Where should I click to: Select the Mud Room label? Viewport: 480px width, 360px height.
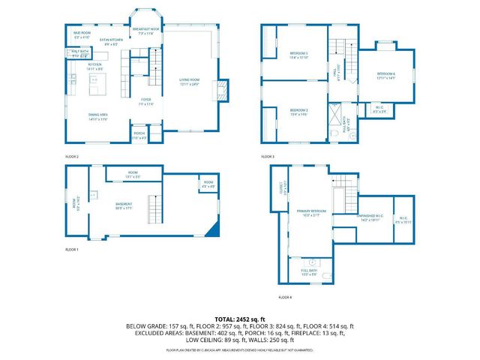(x=82, y=35)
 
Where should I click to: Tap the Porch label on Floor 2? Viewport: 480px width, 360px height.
(x=140, y=136)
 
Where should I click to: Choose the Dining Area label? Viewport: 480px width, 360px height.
(x=98, y=116)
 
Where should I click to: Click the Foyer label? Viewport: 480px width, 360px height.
(x=146, y=101)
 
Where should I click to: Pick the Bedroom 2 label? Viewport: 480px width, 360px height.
(x=298, y=112)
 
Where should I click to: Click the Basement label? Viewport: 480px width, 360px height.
(x=124, y=205)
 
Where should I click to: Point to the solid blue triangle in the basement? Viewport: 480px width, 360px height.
(x=216, y=229)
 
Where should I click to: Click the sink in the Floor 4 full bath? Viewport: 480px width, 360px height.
(x=313, y=264)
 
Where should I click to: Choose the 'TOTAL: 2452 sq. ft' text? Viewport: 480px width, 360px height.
(x=240, y=319)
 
